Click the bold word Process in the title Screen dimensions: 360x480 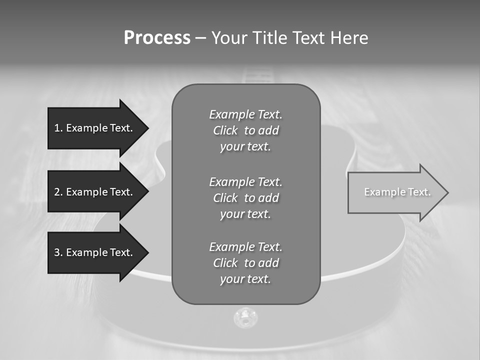point(157,38)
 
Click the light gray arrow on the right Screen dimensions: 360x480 point(395,192)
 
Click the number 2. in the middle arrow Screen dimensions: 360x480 point(58,192)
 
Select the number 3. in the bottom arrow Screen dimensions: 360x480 point(58,252)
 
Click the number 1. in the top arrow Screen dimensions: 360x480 point(58,128)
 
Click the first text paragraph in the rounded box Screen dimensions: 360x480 point(245,130)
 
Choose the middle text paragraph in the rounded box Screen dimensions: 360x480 point(245,198)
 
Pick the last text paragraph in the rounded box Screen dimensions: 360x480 point(245,263)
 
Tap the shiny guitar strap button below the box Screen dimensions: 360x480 point(245,317)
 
